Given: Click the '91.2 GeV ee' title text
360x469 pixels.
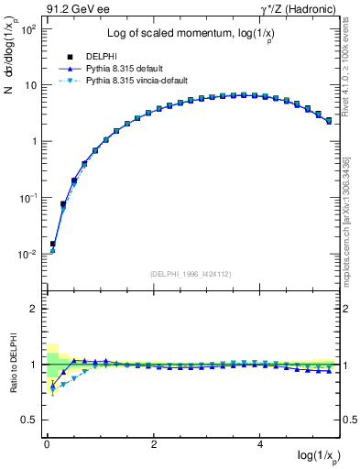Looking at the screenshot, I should pyautogui.click(x=74, y=10).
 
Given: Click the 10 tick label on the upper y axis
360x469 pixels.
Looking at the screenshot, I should pyautogui.click(x=29, y=85).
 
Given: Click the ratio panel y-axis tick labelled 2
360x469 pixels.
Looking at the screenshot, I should pyautogui.click(x=31, y=309).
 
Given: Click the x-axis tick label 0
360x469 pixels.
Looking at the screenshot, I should pyautogui.click(x=47, y=443).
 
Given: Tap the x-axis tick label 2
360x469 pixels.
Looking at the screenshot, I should pyautogui.click(x=154, y=443).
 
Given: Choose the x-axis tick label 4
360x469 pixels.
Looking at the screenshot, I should pyautogui.click(x=261, y=443).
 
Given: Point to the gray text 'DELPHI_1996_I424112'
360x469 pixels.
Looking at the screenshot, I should pyautogui.click(x=190, y=274).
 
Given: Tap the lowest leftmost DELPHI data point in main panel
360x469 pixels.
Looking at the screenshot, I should pyautogui.click(x=53, y=244).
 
